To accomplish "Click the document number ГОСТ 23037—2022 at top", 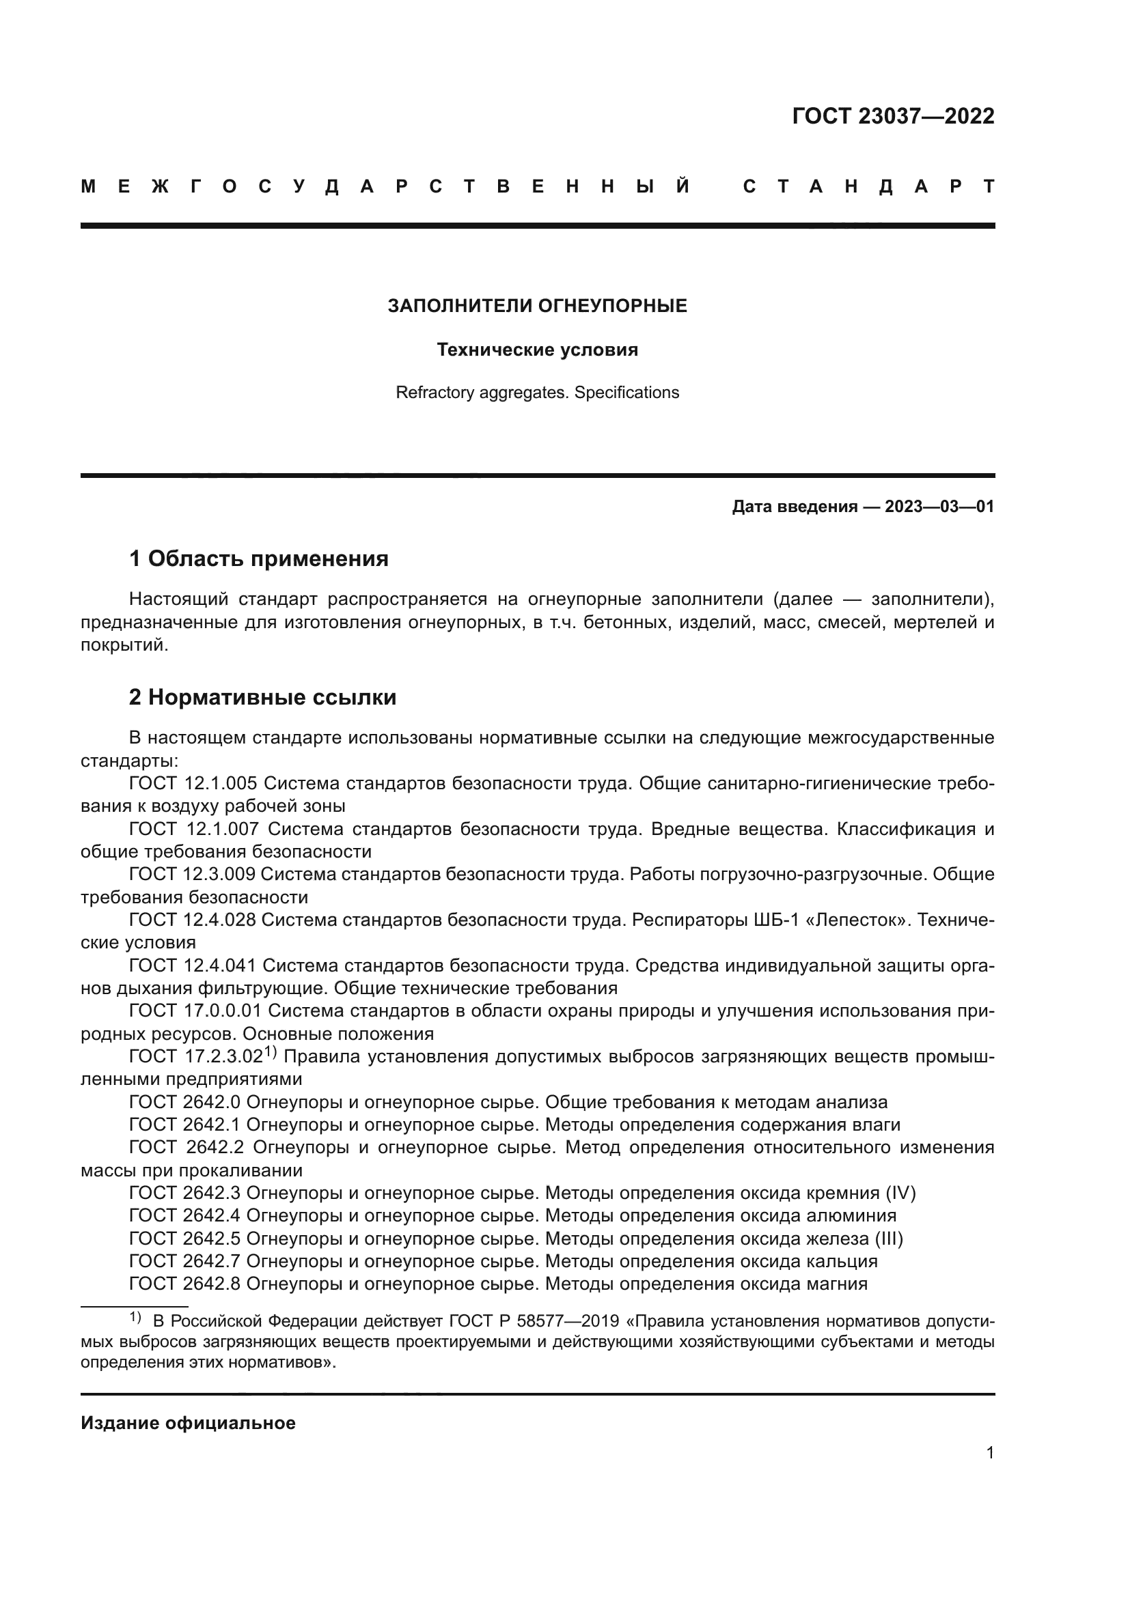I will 893,116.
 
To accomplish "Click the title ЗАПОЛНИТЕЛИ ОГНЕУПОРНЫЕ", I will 537,306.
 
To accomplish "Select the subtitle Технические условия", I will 537,350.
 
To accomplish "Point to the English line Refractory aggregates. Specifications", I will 537,393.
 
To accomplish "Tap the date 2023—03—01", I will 939,507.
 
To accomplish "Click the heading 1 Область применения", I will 258,559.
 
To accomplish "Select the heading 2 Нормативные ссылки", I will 262,697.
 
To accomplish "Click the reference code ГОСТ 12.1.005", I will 193,783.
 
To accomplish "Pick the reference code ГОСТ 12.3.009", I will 193,875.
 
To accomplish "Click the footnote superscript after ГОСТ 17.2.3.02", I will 271,1052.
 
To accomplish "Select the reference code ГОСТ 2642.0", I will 184,1102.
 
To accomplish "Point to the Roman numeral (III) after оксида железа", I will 890,1238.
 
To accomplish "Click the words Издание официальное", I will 188,1423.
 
